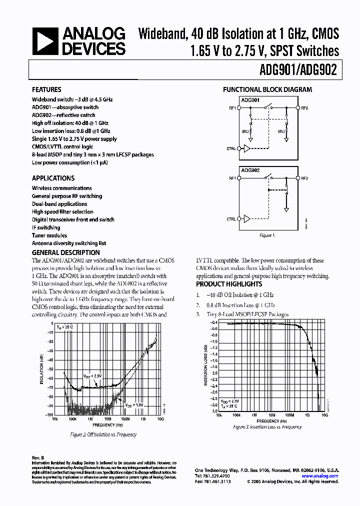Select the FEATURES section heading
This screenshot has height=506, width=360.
coord(47,90)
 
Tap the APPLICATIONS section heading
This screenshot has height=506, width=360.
coord(53,178)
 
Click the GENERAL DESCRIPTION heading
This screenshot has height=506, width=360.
coord(65,252)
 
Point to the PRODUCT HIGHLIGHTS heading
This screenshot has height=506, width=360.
coord(228,284)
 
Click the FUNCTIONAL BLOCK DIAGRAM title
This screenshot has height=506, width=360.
coord(267,90)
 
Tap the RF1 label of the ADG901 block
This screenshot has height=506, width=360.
coord(232,107)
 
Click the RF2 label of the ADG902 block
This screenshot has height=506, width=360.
coord(304,178)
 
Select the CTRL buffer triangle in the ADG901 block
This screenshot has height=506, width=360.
coord(245,148)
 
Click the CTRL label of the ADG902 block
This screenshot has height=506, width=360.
coord(231,219)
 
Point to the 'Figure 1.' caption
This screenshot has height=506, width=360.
coord(267,235)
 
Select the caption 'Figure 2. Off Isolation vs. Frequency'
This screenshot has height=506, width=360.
coord(103,435)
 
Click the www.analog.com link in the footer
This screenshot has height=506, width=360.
coord(326,476)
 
